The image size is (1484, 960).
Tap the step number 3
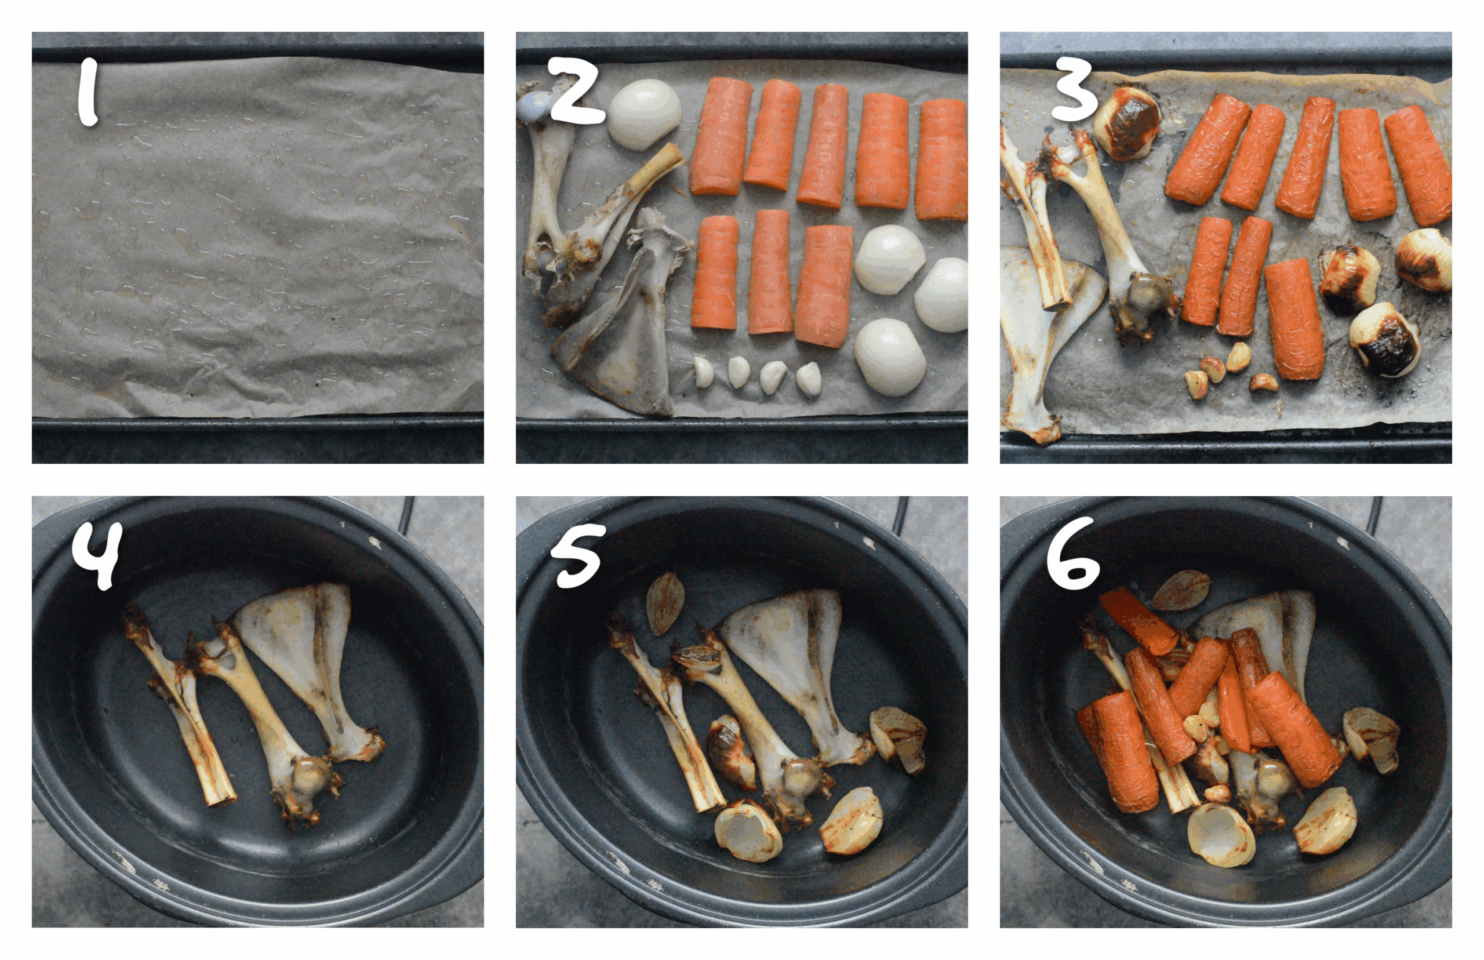pos(1073,94)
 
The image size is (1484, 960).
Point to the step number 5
pos(579,555)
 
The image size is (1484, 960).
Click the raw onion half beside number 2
pos(644,114)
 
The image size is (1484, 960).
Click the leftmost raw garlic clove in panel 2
pos(703,372)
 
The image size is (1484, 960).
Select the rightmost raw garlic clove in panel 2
pos(809,378)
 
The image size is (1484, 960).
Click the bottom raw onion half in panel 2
pos(890,358)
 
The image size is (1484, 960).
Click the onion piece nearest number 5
pos(664,602)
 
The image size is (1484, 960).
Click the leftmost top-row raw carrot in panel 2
pos(721,136)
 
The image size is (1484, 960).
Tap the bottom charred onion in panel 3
pos(1384,340)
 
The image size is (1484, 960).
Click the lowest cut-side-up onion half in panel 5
pos(748,832)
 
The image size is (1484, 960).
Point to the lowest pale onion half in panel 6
pos(1220,835)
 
